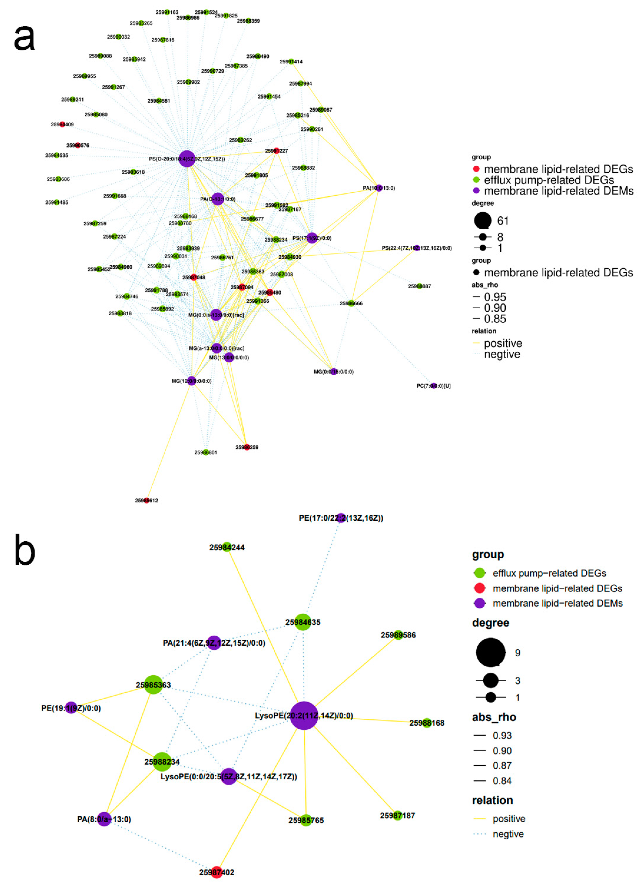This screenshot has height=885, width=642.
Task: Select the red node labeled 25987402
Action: (x=217, y=872)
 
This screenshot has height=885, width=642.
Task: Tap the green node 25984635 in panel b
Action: (x=303, y=622)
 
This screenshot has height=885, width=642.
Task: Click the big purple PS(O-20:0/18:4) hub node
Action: (x=187, y=159)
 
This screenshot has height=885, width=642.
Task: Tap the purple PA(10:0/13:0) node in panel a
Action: (x=379, y=188)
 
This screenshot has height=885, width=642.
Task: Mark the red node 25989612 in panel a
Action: (x=146, y=500)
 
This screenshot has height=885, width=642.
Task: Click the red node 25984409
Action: (x=62, y=125)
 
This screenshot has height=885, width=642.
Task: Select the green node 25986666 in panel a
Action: (x=351, y=303)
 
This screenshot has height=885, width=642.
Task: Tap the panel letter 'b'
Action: (x=25, y=551)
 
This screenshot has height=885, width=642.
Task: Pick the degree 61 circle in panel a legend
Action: (x=483, y=221)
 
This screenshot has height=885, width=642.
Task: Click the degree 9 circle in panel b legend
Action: (x=490, y=652)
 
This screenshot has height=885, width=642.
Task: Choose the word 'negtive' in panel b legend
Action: (x=508, y=834)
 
